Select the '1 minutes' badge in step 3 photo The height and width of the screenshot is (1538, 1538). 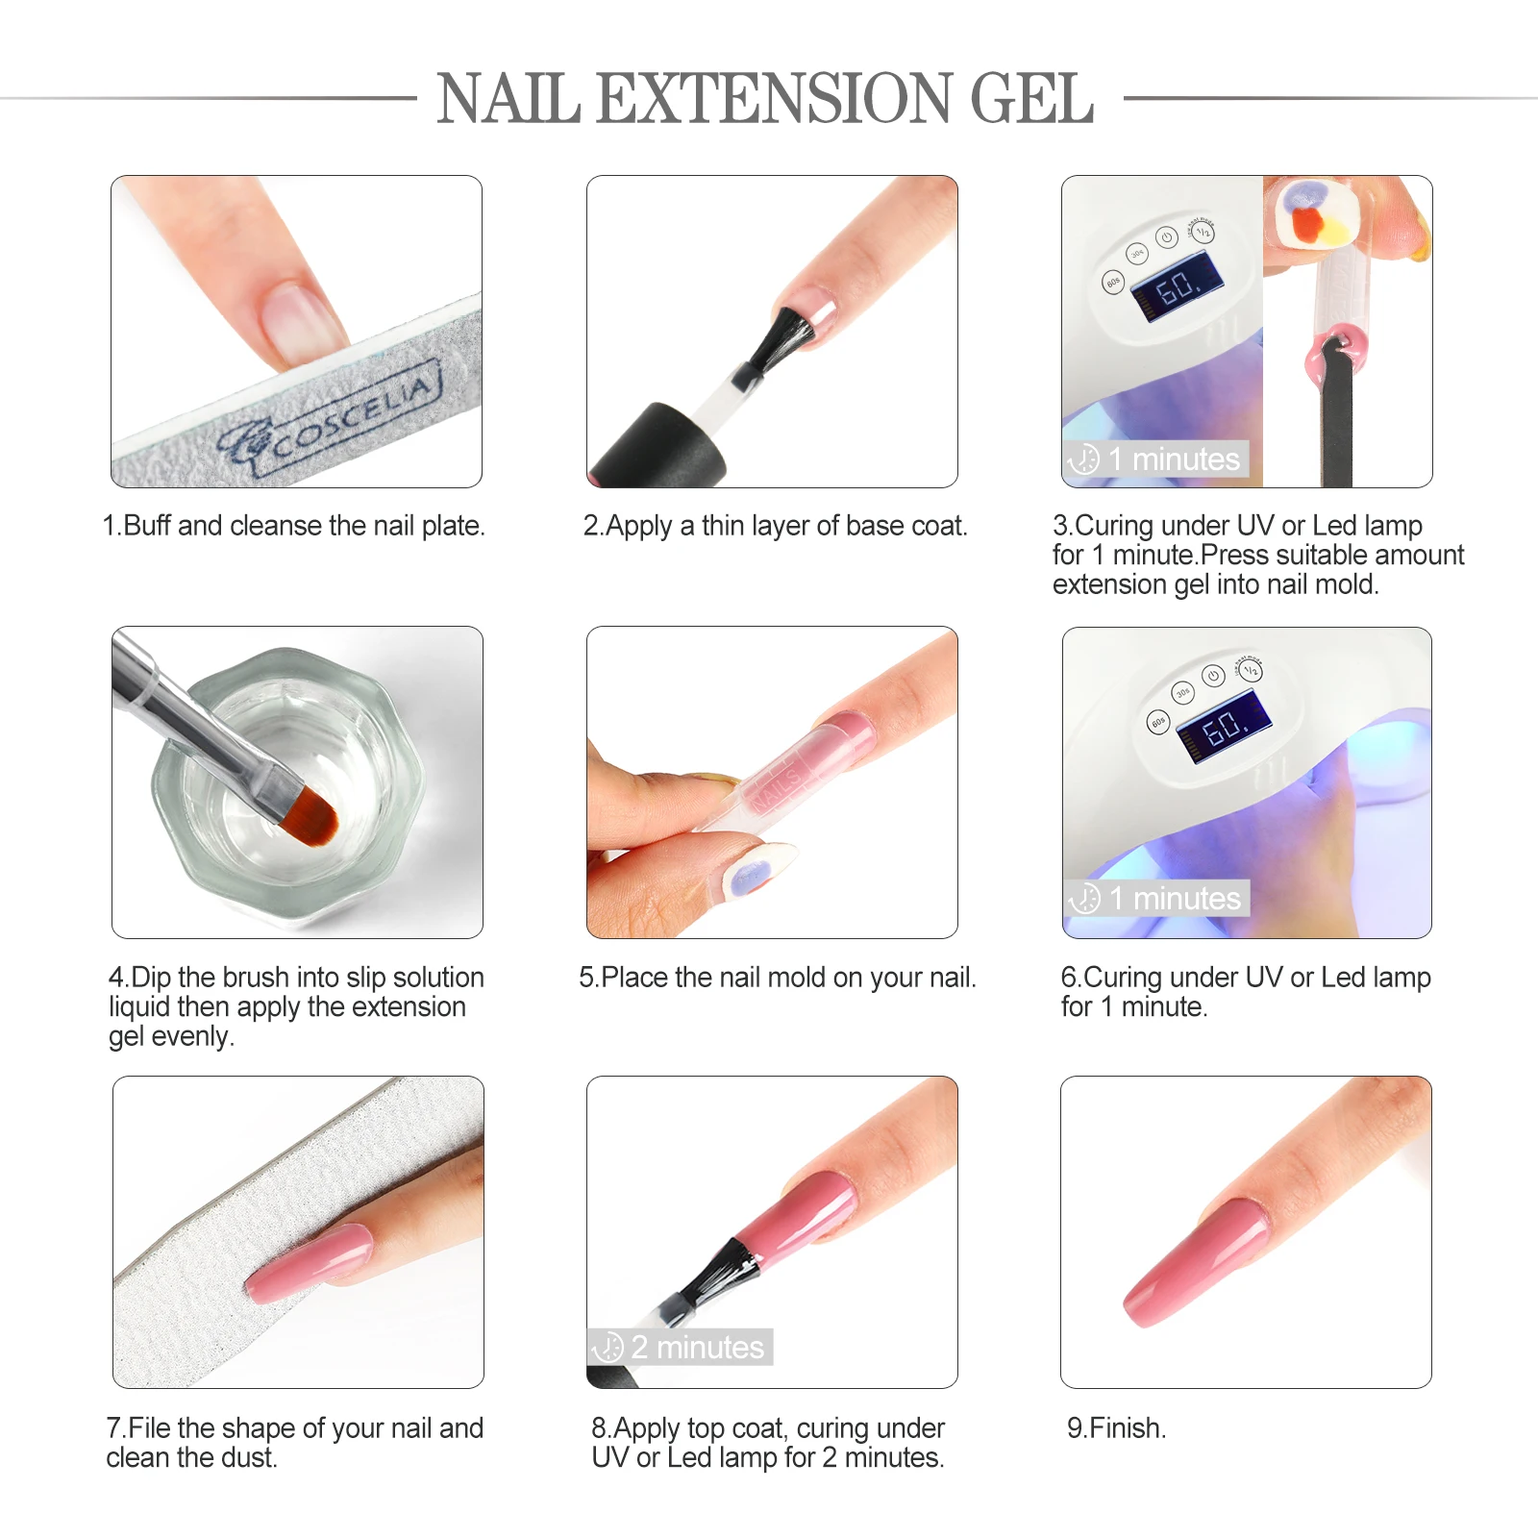coord(1157,459)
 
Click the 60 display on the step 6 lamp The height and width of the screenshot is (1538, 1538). coord(1225,727)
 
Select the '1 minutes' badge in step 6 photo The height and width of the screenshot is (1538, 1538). coord(1157,899)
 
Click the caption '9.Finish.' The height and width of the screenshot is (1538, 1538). coord(1116,1428)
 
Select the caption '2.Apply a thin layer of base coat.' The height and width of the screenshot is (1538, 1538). coord(775,526)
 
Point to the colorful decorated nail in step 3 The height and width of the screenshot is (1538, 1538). coord(1311,215)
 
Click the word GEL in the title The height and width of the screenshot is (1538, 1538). coord(1031,99)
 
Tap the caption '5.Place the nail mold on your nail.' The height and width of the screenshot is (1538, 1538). coord(777,978)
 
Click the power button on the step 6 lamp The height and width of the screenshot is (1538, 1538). coord(1213,676)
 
